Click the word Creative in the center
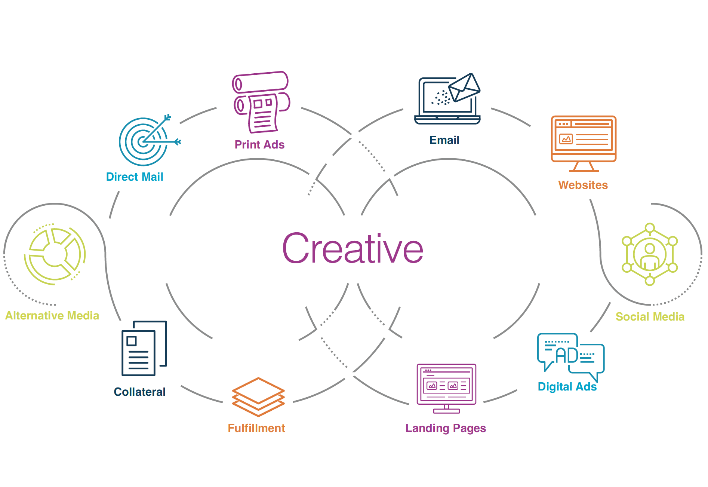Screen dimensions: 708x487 click(x=353, y=248)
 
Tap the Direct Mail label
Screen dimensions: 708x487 click(x=135, y=177)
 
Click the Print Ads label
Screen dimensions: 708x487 click(x=259, y=144)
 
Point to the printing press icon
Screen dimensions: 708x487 click(x=261, y=102)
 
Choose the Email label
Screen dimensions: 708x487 click(x=444, y=140)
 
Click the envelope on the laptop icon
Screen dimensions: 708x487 click(x=464, y=88)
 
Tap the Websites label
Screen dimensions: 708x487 click(x=583, y=185)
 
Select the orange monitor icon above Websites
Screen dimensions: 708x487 click(x=583, y=142)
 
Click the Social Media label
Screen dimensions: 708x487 click(x=650, y=317)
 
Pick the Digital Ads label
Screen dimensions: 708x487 click(x=567, y=386)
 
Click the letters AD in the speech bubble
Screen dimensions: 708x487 click(x=567, y=356)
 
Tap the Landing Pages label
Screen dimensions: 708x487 click(x=446, y=428)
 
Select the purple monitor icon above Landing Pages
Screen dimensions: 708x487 click(x=446, y=387)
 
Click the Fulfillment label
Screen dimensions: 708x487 click(x=256, y=428)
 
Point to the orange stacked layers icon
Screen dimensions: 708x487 click(x=258, y=397)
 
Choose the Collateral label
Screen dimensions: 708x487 click(x=139, y=392)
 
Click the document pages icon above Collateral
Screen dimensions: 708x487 click(x=144, y=348)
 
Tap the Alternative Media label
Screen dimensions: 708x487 click(x=52, y=316)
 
